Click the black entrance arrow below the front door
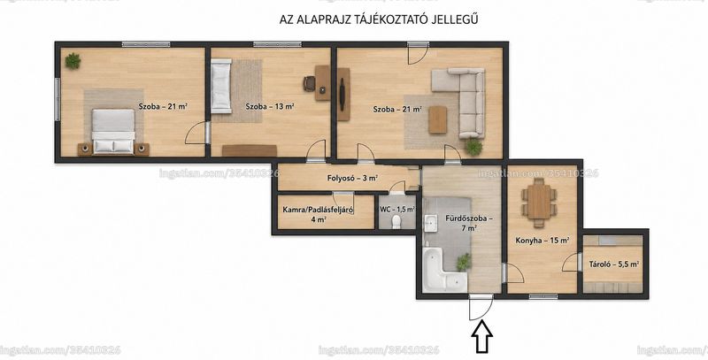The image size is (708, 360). coord(481,336)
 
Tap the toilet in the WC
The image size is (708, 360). coord(396,221)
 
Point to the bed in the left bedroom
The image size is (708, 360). coord(113,131)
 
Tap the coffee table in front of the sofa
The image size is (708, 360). coord(437,119)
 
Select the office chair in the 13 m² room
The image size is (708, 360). coord(309,83)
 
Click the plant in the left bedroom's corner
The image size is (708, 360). coord(73,61)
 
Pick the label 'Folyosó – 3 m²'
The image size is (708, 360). coord(352,178)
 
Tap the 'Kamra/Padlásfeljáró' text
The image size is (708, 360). coord(318,210)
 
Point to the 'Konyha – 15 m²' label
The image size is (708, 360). coord(543,241)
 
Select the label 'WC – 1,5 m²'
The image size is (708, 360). coord(397,210)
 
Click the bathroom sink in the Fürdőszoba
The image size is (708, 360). coord(429,222)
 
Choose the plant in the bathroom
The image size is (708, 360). coord(463,262)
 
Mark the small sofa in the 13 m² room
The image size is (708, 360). coord(221,86)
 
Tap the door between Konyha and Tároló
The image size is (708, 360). coord(572,263)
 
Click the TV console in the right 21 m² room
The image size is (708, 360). coord(343,95)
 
